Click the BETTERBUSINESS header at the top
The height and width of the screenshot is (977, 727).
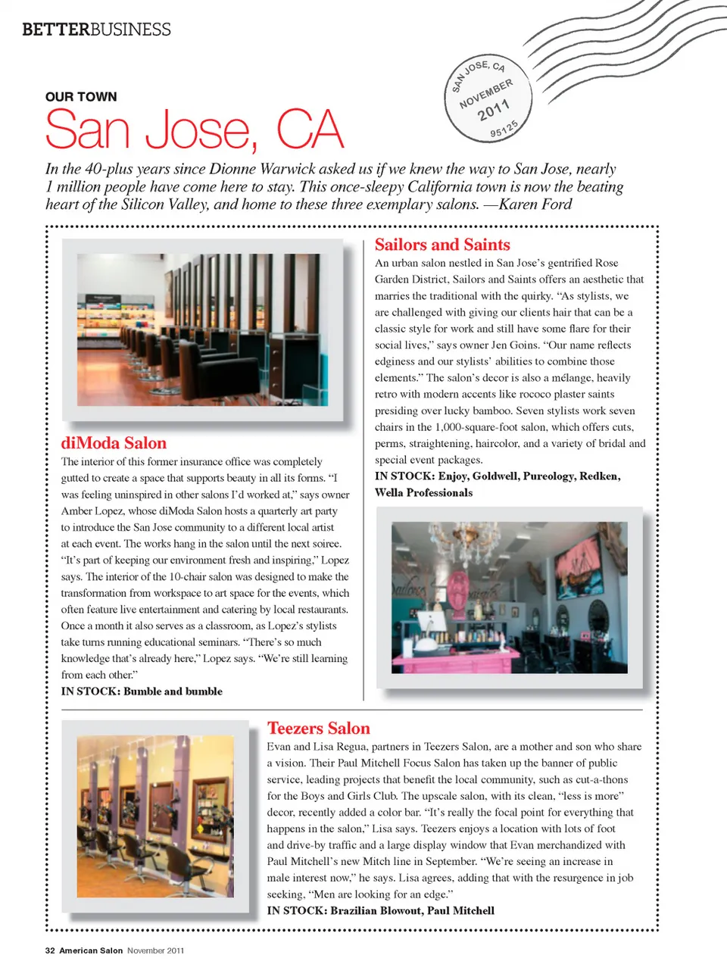click(96, 30)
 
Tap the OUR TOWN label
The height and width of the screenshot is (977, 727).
click(81, 97)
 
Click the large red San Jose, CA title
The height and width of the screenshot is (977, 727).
click(195, 130)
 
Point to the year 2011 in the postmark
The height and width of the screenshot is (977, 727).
click(493, 110)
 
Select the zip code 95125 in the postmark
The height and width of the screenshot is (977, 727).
click(504, 129)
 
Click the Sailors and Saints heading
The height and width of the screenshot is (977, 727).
click(442, 245)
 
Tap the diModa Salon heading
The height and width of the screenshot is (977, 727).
click(114, 443)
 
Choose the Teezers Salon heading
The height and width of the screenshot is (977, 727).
click(318, 729)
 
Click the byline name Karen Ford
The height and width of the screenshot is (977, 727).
click(535, 204)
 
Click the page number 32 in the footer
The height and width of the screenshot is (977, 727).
click(50, 950)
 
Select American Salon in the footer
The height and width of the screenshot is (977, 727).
click(91, 950)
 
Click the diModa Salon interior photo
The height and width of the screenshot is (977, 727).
click(202, 330)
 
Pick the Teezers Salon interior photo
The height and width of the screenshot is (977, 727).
click(155, 816)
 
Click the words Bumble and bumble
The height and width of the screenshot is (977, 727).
click(173, 691)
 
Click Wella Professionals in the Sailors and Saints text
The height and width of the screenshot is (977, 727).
click(423, 492)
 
